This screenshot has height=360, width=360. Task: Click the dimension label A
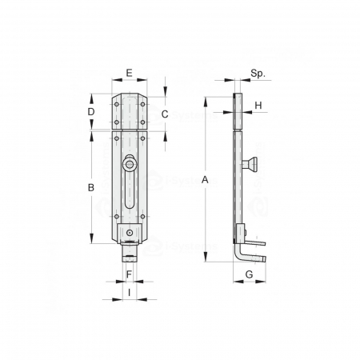(206, 180)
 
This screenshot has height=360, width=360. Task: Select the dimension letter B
(91, 187)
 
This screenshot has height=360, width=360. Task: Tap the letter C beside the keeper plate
(164, 114)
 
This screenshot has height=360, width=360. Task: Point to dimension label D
(91, 112)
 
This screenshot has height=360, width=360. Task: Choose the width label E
(130, 73)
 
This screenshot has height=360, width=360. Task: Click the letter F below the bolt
(130, 274)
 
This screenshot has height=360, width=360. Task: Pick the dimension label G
(249, 274)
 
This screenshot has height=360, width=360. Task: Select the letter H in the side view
(258, 106)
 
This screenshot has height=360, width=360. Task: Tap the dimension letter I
(130, 294)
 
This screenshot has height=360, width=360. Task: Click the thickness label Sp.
(257, 73)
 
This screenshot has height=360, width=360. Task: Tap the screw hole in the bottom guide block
(130, 234)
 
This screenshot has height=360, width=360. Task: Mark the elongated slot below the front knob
(130, 197)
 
